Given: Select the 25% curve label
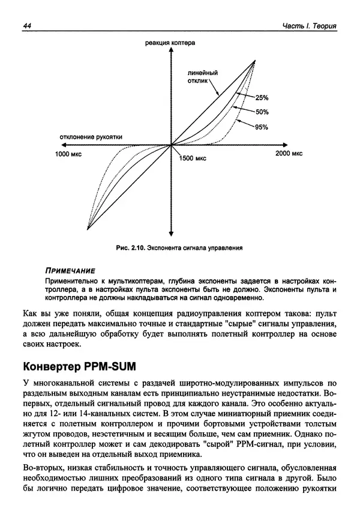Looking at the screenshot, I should [262, 97].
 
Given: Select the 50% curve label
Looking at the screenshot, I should [262, 112].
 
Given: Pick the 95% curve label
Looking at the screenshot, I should [262, 127].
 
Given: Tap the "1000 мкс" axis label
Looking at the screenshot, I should [68, 154].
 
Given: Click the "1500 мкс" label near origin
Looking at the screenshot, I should [193, 158].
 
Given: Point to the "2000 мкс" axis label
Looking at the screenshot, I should [289, 154].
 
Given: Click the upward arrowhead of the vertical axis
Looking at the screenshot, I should [172, 52].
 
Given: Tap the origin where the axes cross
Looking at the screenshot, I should [172, 144].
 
